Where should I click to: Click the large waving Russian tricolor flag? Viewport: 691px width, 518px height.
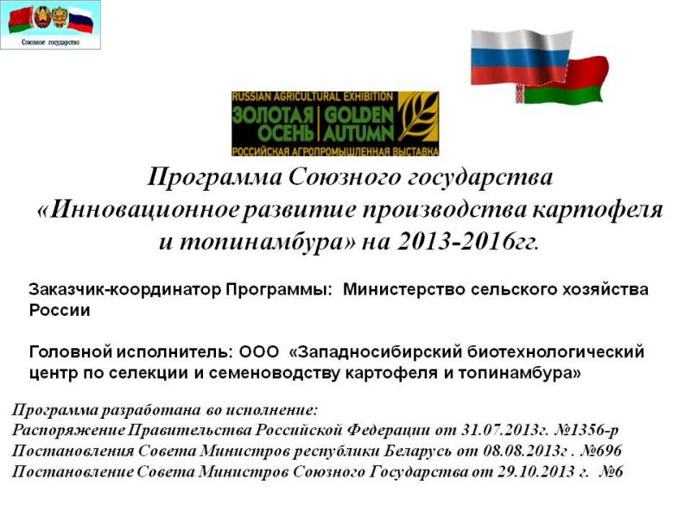click(521, 57)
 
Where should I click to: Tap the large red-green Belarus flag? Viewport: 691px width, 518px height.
click(568, 80)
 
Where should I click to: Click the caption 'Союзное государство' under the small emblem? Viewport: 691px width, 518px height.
click(50, 42)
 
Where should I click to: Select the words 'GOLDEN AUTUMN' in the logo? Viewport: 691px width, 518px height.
click(358, 124)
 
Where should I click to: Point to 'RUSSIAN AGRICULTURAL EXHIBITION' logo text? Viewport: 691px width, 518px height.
click(313, 97)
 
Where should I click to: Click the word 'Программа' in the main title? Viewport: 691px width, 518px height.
click(214, 178)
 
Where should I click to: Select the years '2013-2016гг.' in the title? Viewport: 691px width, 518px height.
click(468, 242)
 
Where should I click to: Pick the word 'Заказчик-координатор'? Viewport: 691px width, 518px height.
click(125, 290)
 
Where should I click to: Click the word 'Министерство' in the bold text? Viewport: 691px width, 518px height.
click(403, 289)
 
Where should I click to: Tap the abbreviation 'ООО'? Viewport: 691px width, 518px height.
click(259, 352)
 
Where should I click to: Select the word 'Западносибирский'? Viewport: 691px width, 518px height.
click(380, 352)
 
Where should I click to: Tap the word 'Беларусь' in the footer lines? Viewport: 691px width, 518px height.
click(418, 451)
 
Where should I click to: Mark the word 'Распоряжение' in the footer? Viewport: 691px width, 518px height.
click(68, 430)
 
